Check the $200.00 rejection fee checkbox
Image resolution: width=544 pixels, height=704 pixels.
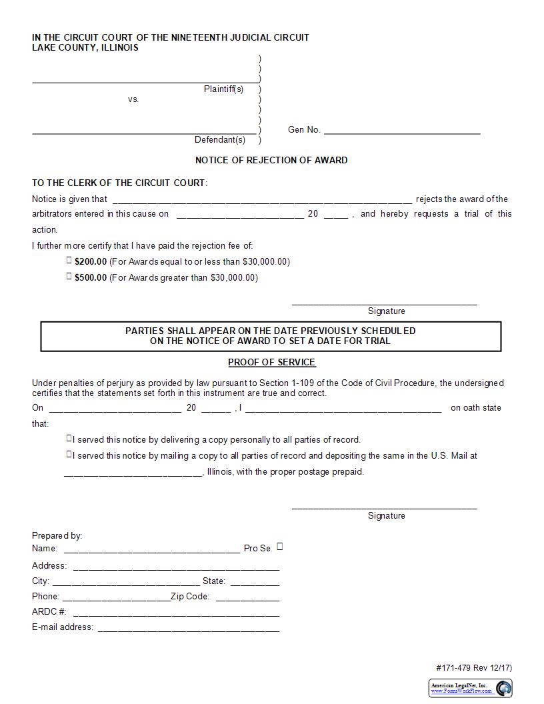pyautogui.click(x=69, y=261)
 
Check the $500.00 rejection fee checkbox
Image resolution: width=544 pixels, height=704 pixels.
pyautogui.click(x=69, y=277)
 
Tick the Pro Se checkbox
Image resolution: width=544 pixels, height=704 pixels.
pyautogui.click(x=280, y=547)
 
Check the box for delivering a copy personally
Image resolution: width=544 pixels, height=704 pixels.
pyautogui.click(x=69, y=439)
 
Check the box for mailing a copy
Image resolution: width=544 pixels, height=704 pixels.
pyautogui.click(x=69, y=455)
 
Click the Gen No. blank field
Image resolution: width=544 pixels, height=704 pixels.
pyautogui.click(x=402, y=129)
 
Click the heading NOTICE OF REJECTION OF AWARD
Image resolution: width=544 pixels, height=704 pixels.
pyautogui.click(x=271, y=160)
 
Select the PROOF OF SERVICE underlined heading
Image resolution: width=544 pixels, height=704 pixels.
pyautogui.click(x=271, y=362)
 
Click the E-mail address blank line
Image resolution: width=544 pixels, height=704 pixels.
pyautogui.click(x=189, y=627)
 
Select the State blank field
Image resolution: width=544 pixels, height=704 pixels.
pyautogui.click(x=255, y=581)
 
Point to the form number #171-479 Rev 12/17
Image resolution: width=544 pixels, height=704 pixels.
pyautogui.click(x=474, y=668)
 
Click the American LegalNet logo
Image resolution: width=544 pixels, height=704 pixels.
pyautogui.click(x=471, y=688)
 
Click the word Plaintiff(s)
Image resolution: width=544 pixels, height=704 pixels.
pyautogui.click(x=223, y=89)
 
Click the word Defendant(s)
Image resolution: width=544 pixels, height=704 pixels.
pyautogui.click(x=220, y=139)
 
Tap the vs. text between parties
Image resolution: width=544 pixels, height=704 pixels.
pyautogui.click(x=133, y=99)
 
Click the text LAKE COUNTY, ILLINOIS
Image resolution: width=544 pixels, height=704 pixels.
pyautogui.click(x=85, y=48)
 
